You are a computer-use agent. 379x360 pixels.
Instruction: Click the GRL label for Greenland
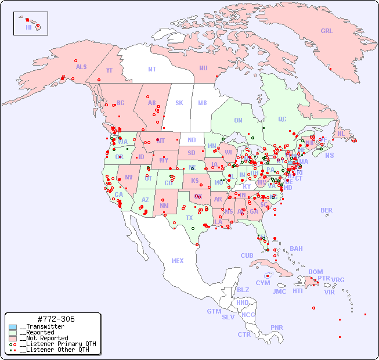(327, 31)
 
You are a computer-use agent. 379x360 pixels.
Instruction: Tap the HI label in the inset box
(28, 27)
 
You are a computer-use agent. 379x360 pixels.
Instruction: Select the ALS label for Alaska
(81, 67)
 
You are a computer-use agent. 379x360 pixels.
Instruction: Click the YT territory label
(109, 70)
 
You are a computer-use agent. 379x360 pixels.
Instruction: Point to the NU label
(203, 68)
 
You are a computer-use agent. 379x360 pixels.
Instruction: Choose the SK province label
(179, 103)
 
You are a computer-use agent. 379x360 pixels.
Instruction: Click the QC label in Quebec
(282, 119)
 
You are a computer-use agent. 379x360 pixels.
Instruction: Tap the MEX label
(178, 261)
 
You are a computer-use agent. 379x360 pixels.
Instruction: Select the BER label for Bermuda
(327, 210)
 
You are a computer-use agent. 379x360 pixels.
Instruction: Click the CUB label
(247, 255)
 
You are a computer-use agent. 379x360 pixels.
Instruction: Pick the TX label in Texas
(189, 218)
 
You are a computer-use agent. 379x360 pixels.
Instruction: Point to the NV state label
(128, 177)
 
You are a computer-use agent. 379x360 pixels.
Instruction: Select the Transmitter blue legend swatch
(13, 327)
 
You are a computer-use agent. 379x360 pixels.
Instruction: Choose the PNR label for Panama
(277, 327)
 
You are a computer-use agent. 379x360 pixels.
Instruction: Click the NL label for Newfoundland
(341, 134)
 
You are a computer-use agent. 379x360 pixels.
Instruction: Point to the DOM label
(315, 272)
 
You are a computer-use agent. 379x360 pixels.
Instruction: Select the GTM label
(214, 311)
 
